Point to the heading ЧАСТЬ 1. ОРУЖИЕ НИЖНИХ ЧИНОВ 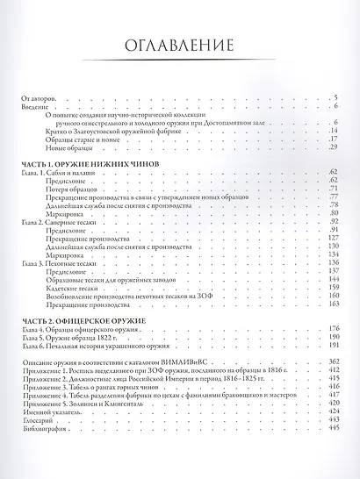93,164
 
